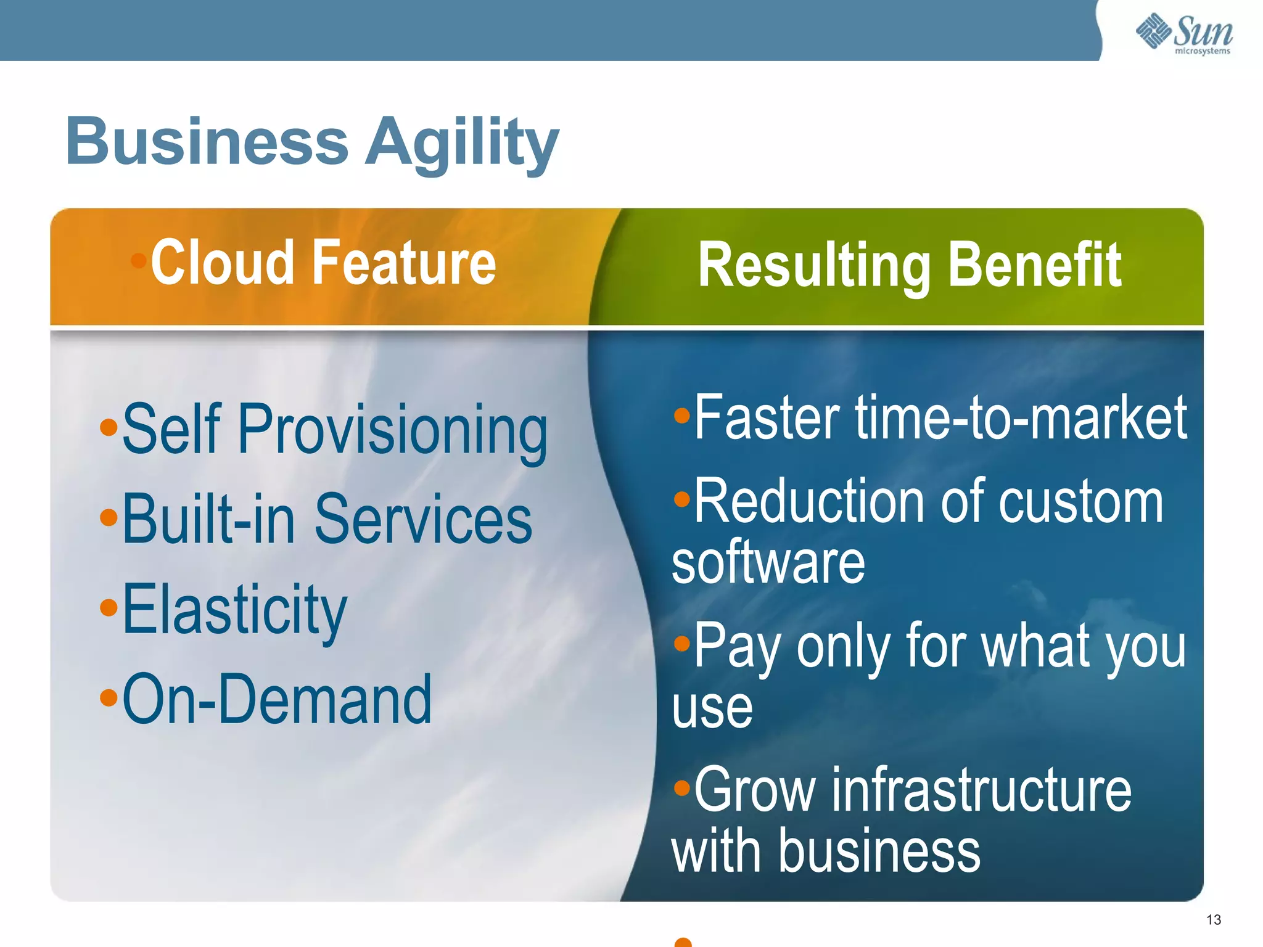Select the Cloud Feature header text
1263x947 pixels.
(x=323, y=263)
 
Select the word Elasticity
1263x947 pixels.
(x=234, y=609)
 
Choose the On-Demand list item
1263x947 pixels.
(x=277, y=699)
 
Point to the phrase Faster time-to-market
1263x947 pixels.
(x=940, y=419)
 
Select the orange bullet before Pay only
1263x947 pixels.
(x=681, y=644)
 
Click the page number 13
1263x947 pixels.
(x=1213, y=920)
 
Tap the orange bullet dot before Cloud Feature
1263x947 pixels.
(x=139, y=260)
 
